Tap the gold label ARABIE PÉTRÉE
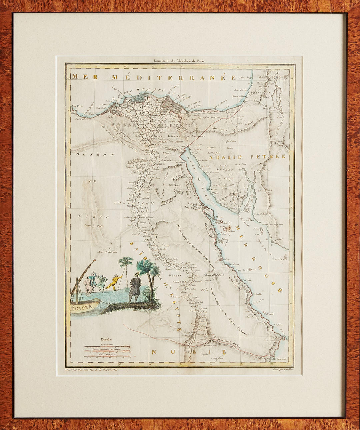[x=247, y=156]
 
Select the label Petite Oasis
[x=94, y=226]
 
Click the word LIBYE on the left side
[x=94, y=216]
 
